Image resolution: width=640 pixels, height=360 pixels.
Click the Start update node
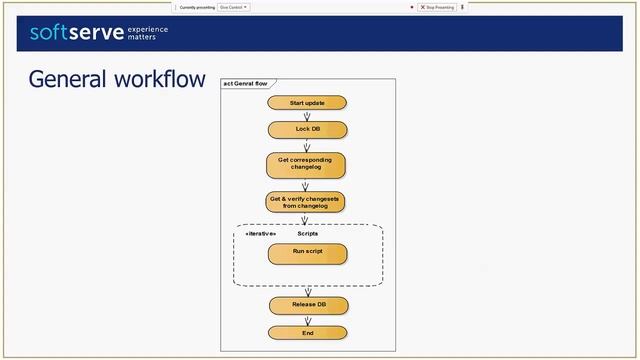(x=307, y=103)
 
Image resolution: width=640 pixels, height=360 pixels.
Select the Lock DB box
(x=307, y=129)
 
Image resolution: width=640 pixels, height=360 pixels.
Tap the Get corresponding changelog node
(x=306, y=164)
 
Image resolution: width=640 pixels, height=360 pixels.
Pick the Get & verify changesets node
(x=306, y=202)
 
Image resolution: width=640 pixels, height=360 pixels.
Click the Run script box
(x=307, y=252)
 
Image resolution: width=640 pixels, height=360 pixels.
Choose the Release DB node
(x=307, y=304)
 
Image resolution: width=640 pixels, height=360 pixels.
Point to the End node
(x=307, y=332)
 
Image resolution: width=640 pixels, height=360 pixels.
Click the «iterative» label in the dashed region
(x=260, y=233)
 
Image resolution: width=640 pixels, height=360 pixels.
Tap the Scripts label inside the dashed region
(x=307, y=233)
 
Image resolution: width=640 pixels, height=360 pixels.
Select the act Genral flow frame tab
(x=245, y=83)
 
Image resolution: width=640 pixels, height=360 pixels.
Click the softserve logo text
(x=74, y=33)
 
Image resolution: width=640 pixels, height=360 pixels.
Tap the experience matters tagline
(x=147, y=33)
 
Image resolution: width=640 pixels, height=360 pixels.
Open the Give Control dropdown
(x=234, y=7)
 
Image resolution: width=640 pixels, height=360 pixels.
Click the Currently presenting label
(x=197, y=7)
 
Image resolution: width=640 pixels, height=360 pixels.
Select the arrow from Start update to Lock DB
(x=307, y=116)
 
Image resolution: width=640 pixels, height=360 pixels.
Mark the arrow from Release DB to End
(x=307, y=319)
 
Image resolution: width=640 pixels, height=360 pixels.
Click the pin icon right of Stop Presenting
(x=462, y=7)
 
